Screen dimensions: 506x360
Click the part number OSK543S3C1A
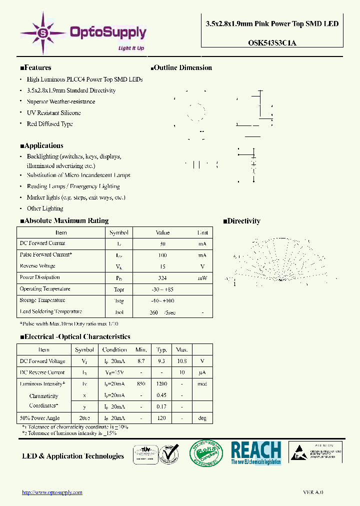pyautogui.click(x=272, y=43)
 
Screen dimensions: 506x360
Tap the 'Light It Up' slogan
pyautogui.click(x=131, y=48)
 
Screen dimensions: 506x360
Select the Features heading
pyautogui.click(x=35, y=67)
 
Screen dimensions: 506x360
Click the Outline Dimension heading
pyautogui.click(x=181, y=67)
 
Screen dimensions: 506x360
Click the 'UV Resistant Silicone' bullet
pyautogui.click(x=53, y=113)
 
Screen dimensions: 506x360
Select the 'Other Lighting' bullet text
pyautogui.click(x=45, y=208)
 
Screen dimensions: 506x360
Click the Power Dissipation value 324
pyautogui.click(x=162, y=278)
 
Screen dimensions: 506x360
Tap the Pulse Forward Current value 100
pyautogui.click(x=162, y=255)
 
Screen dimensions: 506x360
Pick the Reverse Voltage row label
pyautogui.click(x=37, y=266)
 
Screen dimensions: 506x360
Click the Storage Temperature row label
pyautogui.click(x=42, y=300)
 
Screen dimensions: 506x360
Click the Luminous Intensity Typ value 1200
pyautogui.click(x=161, y=384)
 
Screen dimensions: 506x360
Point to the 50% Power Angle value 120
pyautogui.click(x=161, y=418)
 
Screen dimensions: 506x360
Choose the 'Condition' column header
pyautogui.click(x=114, y=350)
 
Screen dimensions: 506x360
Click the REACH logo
pyautogui.click(x=256, y=453)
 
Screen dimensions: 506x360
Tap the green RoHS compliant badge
pyautogui.click(x=205, y=452)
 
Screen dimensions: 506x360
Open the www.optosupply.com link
pyautogui.click(x=52, y=492)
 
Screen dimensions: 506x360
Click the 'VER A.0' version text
pyautogui.click(x=313, y=492)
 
